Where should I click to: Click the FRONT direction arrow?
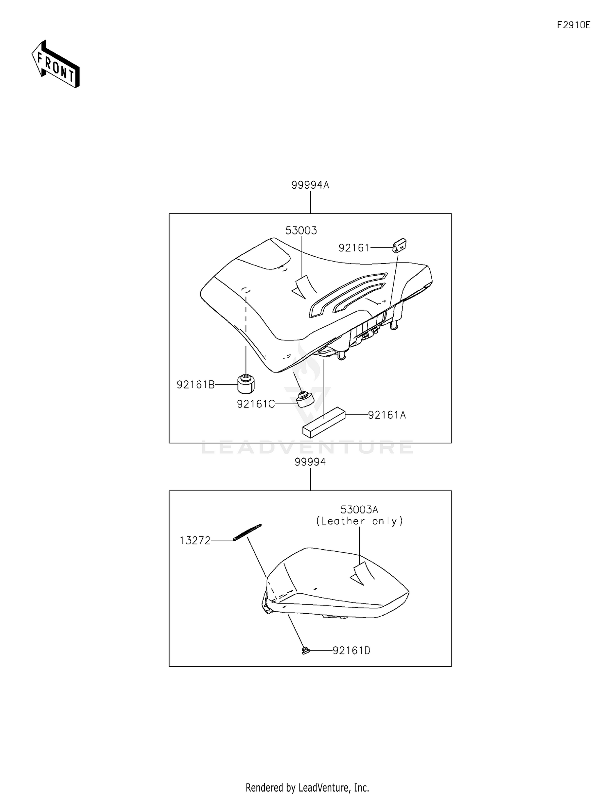click(56, 64)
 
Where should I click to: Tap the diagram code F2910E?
click(573, 25)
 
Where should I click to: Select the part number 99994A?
click(310, 185)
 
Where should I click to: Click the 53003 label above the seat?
click(301, 231)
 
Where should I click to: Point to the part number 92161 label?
click(354, 248)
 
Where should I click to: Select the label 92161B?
click(196, 385)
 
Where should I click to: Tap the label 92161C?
click(255, 404)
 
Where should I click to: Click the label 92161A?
click(387, 415)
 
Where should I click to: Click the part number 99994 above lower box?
click(310, 462)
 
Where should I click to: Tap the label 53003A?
click(359, 509)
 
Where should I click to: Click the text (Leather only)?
click(359, 521)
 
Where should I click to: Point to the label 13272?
click(195, 541)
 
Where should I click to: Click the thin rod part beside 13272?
click(247, 532)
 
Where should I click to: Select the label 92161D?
click(351, 651)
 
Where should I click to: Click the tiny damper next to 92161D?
click(305, 650)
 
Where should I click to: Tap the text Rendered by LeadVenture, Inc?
click(307, 787)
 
